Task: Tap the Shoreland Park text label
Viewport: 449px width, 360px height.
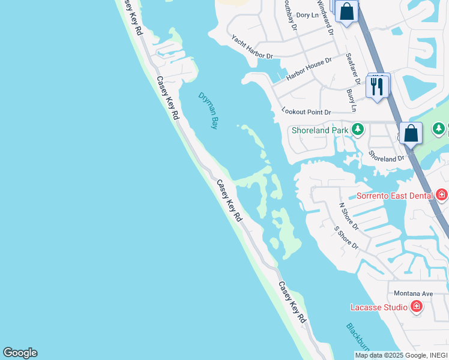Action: pyautogui.click(x=320, y=130)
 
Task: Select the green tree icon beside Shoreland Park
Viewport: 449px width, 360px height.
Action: pyautogui.click(x=358, y=129)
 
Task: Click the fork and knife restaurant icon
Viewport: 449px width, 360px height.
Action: pyautogui.click(x=378, y=86)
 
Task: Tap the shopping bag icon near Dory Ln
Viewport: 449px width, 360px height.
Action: pyautogui.click(x=347, y=11)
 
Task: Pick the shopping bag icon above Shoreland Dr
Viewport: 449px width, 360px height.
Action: pyautogui.click(x=411, y=133)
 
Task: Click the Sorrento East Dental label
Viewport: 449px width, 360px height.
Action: pyautogui.click(x=394, y=196)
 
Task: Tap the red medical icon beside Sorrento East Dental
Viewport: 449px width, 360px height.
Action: pyautogui.click(x=442, y=195)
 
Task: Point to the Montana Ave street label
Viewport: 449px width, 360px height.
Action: pyautogui.click(x=413, y=293)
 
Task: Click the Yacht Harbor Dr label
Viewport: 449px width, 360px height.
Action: pyautogui.click(x=252, y=47)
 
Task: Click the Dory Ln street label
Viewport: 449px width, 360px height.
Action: pyautogui.click(x=307, y=14)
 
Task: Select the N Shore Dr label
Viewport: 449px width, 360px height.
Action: pyautogui.click(x=348, y=216)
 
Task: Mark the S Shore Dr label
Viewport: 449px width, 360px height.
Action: pyautogui.click(x=346, y=238)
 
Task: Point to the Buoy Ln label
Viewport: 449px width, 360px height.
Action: pyautogui.click(x=352, y=101)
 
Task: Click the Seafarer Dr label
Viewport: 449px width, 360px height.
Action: pyautogui.click(x=352, y=68)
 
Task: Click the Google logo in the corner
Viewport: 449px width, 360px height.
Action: pyautogui.click(x=20, y=353)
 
